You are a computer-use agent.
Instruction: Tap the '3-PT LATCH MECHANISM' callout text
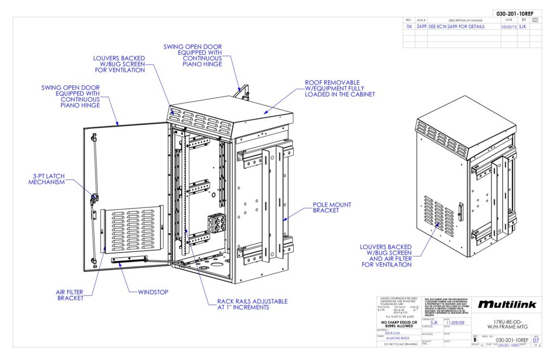tap(47, 179)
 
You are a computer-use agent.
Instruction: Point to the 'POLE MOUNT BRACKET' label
tap(332, 207)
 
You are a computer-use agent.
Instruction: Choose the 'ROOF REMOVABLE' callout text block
tap(340, 89)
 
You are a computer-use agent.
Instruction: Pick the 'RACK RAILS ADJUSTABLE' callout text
tap(252, 304)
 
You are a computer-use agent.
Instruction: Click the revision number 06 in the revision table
tap(409, 26)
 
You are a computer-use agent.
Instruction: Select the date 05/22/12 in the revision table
tap(508, 26)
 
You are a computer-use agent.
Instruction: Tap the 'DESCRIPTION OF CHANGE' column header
tap(462, 20)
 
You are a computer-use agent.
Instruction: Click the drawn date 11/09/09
tap(454, 322)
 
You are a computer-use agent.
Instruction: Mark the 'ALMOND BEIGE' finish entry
tap(395, 337)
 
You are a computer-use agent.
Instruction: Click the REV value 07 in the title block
tap(536, 340)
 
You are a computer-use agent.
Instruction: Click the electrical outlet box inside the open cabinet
tap(217, 223)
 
